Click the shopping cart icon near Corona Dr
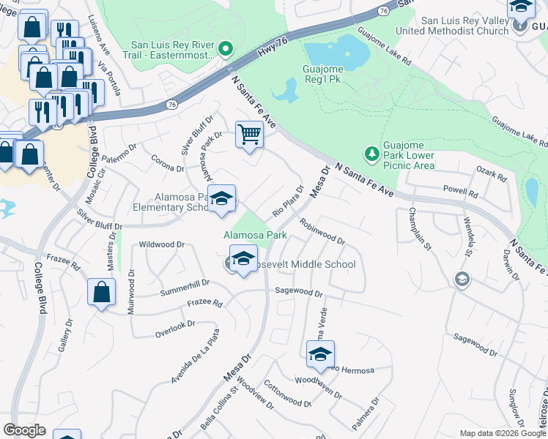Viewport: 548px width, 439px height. (x=249, y=135)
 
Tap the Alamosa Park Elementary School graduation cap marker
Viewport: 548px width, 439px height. (x=221, y=198)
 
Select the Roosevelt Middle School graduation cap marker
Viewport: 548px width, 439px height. (x=243, y=258)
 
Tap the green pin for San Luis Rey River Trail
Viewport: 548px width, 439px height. (x=226, y=50)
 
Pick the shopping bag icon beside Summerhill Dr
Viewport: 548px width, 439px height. (x=101, y=292)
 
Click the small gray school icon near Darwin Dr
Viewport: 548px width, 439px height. (x=462, y=279)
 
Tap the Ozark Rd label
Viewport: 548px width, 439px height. (x=491, y=176)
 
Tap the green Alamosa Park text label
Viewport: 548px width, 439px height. (x=255, y=236)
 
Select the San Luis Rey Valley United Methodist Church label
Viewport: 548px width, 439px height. (x=451, y=26)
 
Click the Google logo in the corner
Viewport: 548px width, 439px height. (x=24, y=430)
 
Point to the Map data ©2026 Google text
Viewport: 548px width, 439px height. (x=502, y=433)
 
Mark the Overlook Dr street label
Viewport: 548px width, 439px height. (x=174, y=329)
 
